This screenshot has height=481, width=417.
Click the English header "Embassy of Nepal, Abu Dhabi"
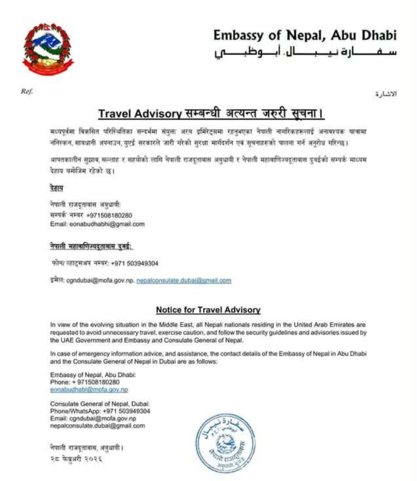coord(304,36)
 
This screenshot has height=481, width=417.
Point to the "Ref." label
coord(26,91)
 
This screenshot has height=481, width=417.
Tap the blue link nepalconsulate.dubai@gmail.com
coord(184,281)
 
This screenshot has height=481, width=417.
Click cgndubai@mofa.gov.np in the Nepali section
coord(99,281)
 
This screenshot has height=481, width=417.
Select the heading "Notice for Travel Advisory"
coord(208,310)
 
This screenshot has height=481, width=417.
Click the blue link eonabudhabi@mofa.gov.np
coord(89,389)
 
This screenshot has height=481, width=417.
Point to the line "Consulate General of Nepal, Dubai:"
coord(100,404)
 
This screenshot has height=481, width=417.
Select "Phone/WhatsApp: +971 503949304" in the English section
coord(100,411)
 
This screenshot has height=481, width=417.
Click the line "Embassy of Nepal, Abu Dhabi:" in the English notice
coord(93,375)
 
